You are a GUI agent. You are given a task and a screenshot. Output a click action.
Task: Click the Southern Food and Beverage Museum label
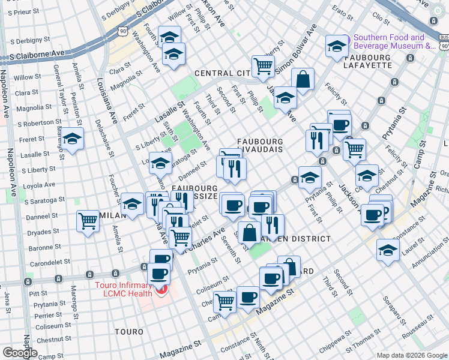[x=394, y=41]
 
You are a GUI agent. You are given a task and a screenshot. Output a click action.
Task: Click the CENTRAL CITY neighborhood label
[x=222, y=73]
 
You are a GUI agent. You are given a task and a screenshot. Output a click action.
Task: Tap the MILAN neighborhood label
[x=110, y=215]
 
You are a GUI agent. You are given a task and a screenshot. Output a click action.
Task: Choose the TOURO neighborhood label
[x=128, y=331]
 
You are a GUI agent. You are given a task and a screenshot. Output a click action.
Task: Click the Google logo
[x=20, y=352]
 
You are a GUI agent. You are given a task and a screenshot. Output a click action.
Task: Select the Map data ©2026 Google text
[x=412, y=355]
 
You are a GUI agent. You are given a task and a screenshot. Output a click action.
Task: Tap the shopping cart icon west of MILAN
[x=88, y=221]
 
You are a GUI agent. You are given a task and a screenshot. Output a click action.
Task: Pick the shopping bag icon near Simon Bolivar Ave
[x=303, y=79]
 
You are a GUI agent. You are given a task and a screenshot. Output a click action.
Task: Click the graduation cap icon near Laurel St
[x=388, y=250]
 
